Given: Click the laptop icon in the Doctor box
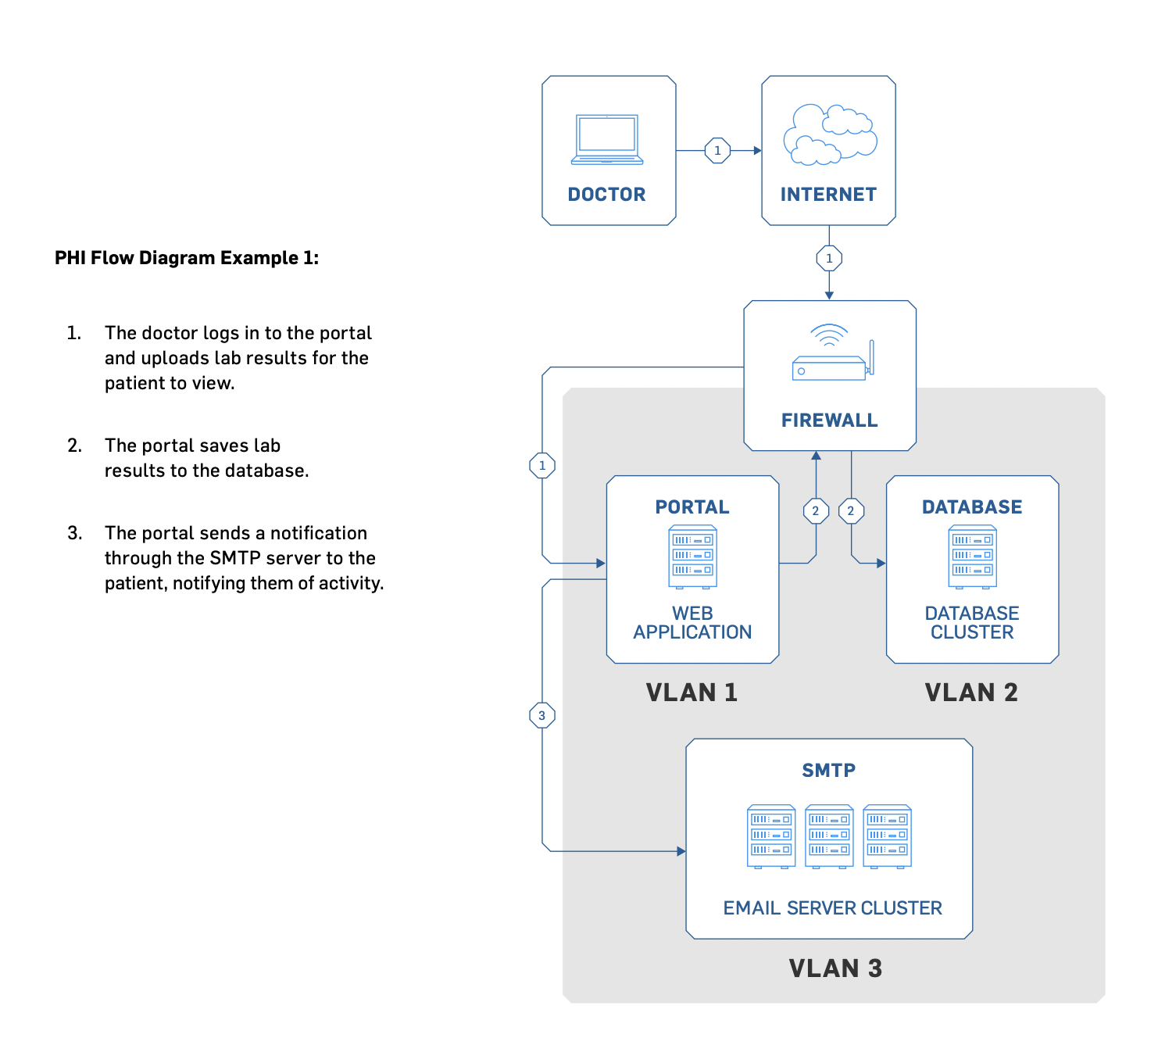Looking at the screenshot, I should pyautogui.click(x=607, y=140).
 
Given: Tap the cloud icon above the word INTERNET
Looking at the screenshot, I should pyautogui.click(x=829, y=134).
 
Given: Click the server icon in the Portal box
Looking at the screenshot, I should pyautogui.click(x=692, y=557).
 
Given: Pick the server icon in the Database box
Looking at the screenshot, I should pyautogui.click(x=972, y=557).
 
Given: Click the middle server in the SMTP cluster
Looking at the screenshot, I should pyautogui.click(x=829, y=836).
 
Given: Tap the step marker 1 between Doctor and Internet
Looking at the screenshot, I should pyautogui.click(x=717, y=150).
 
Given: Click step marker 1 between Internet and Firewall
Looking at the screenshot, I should pyautogui.click(x=829, y=258).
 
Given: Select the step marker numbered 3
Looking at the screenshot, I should pyautogui.click(x=541, y=715).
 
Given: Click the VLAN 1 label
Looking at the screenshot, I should pyautogui.click(x=692, y=693).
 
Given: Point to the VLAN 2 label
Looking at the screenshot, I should pyautogui.click(x=971, y=693).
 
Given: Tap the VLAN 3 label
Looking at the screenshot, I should pyautogui.click(x=835, y=968).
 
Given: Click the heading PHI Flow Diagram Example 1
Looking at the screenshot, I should pyautogui.click(x=187, y=258).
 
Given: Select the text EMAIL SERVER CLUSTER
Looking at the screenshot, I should pyautogui.click(x=832, y=908).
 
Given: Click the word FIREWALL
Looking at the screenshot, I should pyautogui.click(x=829, y=421).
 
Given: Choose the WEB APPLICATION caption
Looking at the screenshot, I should pyautogui.click(x=692, y=623).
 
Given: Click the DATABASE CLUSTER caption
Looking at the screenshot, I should pyautogui.click(x=972, y=623).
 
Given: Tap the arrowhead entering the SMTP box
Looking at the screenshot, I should pyautogui.click(x=681, y=851).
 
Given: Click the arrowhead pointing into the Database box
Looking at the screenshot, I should pyautogui.click(x=881, y=563).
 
